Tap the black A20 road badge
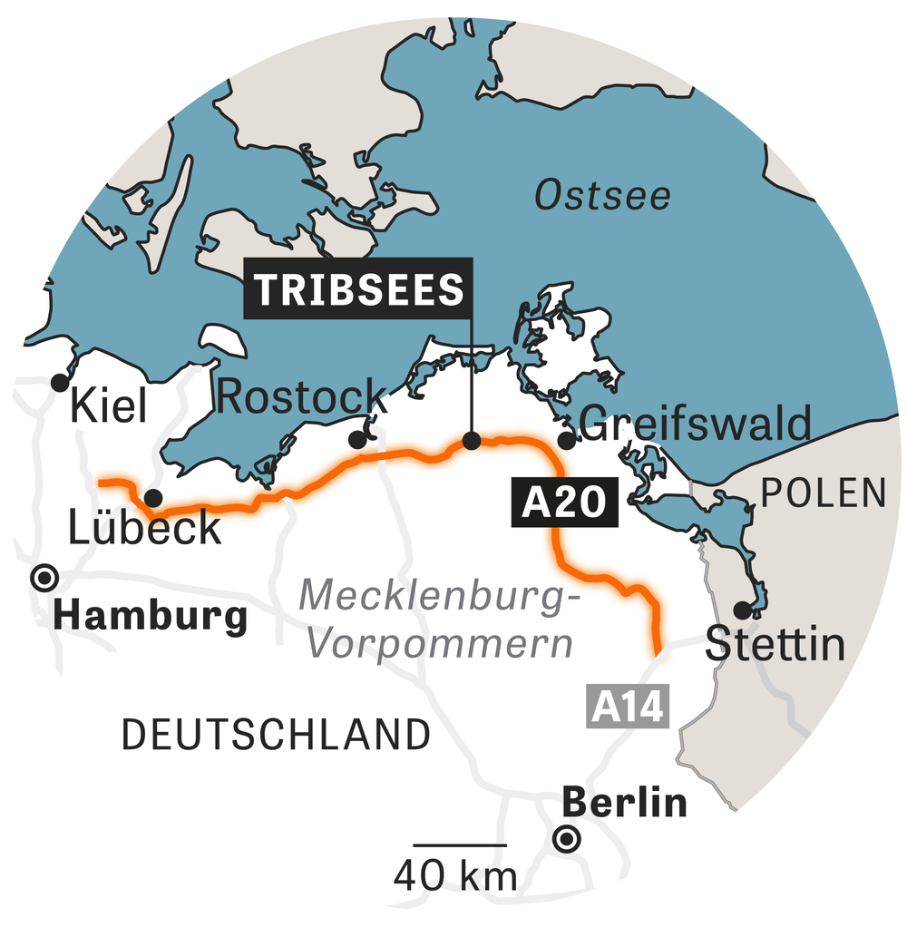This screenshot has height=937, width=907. coord(564,503)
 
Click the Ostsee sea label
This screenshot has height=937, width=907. coord(603,195)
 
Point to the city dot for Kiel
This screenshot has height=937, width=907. coord(60,381)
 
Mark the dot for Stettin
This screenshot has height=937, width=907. coord(743,610)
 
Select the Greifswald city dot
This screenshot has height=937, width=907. coord(567,441)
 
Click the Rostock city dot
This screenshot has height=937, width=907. coord(357,440)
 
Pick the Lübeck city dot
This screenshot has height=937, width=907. coord(153,497)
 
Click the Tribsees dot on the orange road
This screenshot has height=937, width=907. coord(472,441)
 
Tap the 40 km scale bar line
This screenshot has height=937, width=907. coord(459,845)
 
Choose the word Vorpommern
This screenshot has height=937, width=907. coord(442,643)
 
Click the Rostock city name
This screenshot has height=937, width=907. coord(303,397)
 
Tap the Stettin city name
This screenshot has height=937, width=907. coord(775,645)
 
